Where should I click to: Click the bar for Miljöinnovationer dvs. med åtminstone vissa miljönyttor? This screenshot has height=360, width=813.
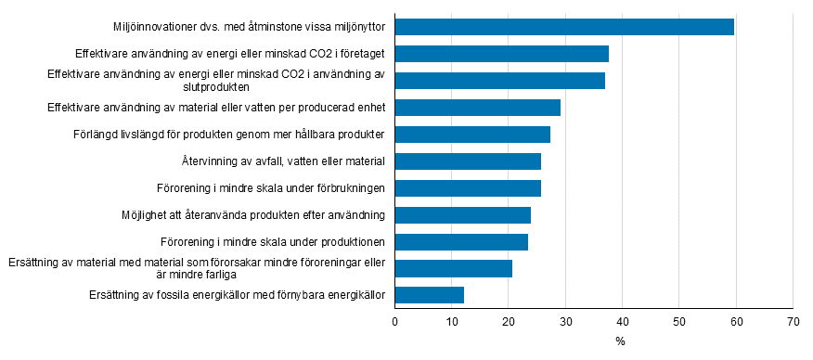[564, 27]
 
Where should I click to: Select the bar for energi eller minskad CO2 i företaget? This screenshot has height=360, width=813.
[502, 54]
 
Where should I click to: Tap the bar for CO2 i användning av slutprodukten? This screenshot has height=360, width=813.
[500, 81]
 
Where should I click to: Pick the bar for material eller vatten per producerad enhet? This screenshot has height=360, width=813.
[478, 108]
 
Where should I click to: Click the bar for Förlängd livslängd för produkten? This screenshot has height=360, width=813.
[472, 135]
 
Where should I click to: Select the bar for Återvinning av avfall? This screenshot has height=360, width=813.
[468, 161]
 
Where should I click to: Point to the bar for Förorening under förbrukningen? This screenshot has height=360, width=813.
[468, 188]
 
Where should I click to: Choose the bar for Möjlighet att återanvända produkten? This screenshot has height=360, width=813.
[463, 215]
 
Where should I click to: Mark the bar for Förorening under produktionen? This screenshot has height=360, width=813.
[461, 242]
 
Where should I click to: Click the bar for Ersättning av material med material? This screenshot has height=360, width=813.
[454, 269]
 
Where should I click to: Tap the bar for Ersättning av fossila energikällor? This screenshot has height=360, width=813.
[430, 296]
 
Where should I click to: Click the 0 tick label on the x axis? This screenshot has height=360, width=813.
[395, 321]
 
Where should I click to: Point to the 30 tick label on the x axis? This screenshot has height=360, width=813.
[565, 321]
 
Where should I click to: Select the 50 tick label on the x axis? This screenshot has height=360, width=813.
[678, 321]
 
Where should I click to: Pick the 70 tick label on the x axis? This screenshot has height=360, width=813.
[793, 321]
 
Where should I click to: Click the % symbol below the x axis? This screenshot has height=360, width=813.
[620, 341]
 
